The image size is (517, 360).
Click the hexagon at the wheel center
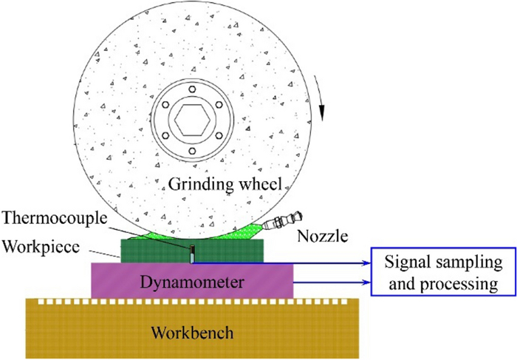point(191,120)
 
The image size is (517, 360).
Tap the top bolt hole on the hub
point(191,89)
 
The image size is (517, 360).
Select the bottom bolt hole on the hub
point(191,152)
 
